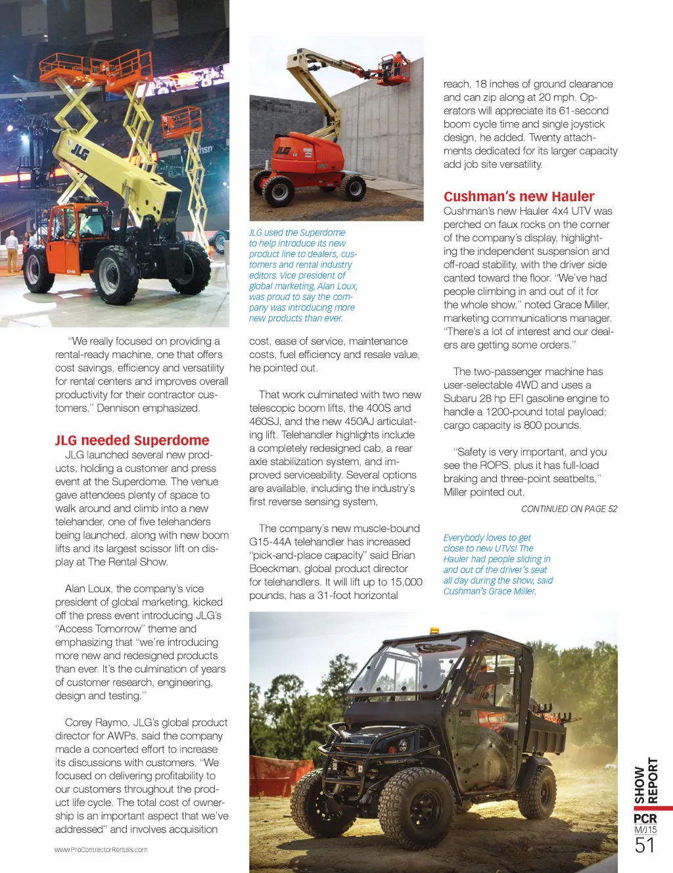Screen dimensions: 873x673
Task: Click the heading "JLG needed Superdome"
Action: point(132,440)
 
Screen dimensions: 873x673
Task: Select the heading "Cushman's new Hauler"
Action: point(519,196)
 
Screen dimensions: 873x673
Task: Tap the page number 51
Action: point(645,845)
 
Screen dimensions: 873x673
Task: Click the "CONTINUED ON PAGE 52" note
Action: point(569,508)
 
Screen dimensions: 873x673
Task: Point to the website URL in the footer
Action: point(101,849)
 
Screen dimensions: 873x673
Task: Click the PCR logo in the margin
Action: point(645,818)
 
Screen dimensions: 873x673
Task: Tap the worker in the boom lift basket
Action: point(396,64)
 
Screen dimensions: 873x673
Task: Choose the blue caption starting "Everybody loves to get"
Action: point(498,564)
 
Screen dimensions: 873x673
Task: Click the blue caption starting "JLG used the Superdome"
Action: point(303,275)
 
